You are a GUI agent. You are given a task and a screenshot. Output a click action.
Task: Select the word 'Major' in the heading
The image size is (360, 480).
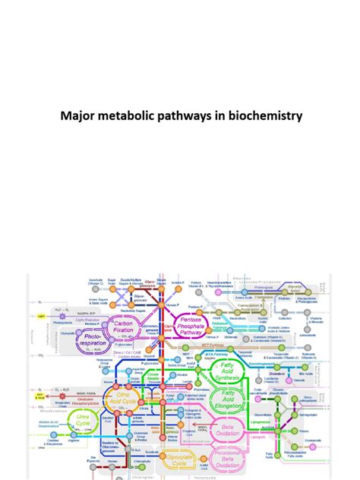pos(77,116)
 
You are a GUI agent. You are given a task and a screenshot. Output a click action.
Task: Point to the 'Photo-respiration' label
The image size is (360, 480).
pos(95,342)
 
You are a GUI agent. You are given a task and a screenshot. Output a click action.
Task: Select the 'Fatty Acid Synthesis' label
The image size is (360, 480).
pos(228,373)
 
